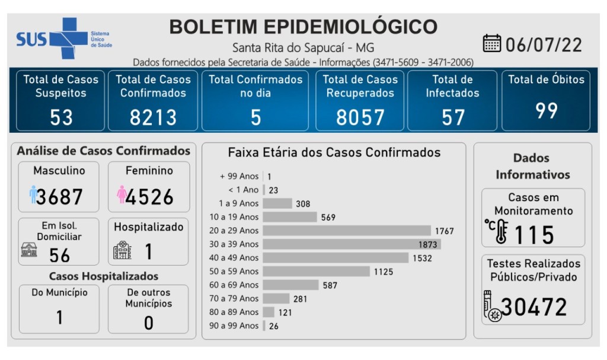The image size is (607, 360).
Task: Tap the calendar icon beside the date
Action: tap(492, 43)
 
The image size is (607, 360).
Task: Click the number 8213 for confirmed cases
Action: tap(153, 117)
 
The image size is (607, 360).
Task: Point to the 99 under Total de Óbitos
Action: tap(546, 110)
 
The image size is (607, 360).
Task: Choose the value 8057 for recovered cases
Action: tap(360, 117)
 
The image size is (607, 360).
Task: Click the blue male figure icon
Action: tap(33, 194)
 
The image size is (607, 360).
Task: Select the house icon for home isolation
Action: tap(29, 250)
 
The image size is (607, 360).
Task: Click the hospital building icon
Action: tap(122, 250)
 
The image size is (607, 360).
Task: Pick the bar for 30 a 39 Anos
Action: tap(352, 244)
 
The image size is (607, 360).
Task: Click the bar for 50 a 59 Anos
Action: tap(316, 271)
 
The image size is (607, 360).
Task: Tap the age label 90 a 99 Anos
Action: tap(234, 326)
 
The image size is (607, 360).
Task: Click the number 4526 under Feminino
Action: tap(149, 196)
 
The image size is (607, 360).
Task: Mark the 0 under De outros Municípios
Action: tap(149, 322)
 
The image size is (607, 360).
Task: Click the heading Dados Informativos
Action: tap(532, 166)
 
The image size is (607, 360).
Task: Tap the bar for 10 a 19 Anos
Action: tap(290, 216)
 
